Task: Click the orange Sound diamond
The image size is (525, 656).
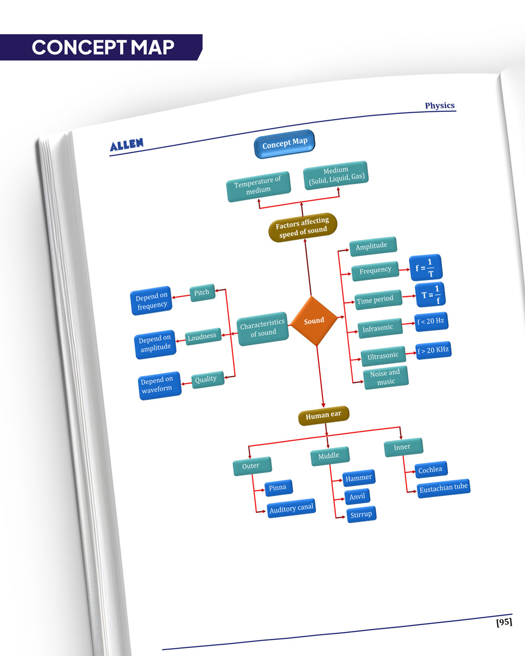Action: (x=313, y=321)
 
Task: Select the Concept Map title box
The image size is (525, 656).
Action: (x=285, y=143)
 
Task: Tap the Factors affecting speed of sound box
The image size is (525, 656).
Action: (x=302, y=227)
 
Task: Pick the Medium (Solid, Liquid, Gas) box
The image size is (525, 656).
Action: (x=336, y=175)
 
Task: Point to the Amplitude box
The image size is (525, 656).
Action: (x=372, y=246)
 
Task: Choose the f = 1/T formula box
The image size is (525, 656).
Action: (x=425, y=268)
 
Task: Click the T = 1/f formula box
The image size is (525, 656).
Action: (x=430, y=294)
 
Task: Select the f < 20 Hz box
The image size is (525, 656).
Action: (x=431, y=321)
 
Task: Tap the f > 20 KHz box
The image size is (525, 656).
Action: (x=433, y=350)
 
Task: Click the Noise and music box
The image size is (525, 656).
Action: (x=385, y=377)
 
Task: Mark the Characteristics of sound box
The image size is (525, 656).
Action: (x=262, y=328)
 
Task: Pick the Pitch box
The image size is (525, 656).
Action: (x=202, y=292)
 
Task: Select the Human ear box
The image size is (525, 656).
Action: (x=323, y=416)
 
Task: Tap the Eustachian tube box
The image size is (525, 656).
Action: (x=443, y=488)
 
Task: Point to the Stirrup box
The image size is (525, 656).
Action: (x=361, y=514)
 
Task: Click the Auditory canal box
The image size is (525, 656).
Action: (x=291, y=508)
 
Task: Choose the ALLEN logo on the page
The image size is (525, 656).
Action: (x=127, y=145)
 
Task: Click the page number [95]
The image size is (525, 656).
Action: (x=504, y=622)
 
